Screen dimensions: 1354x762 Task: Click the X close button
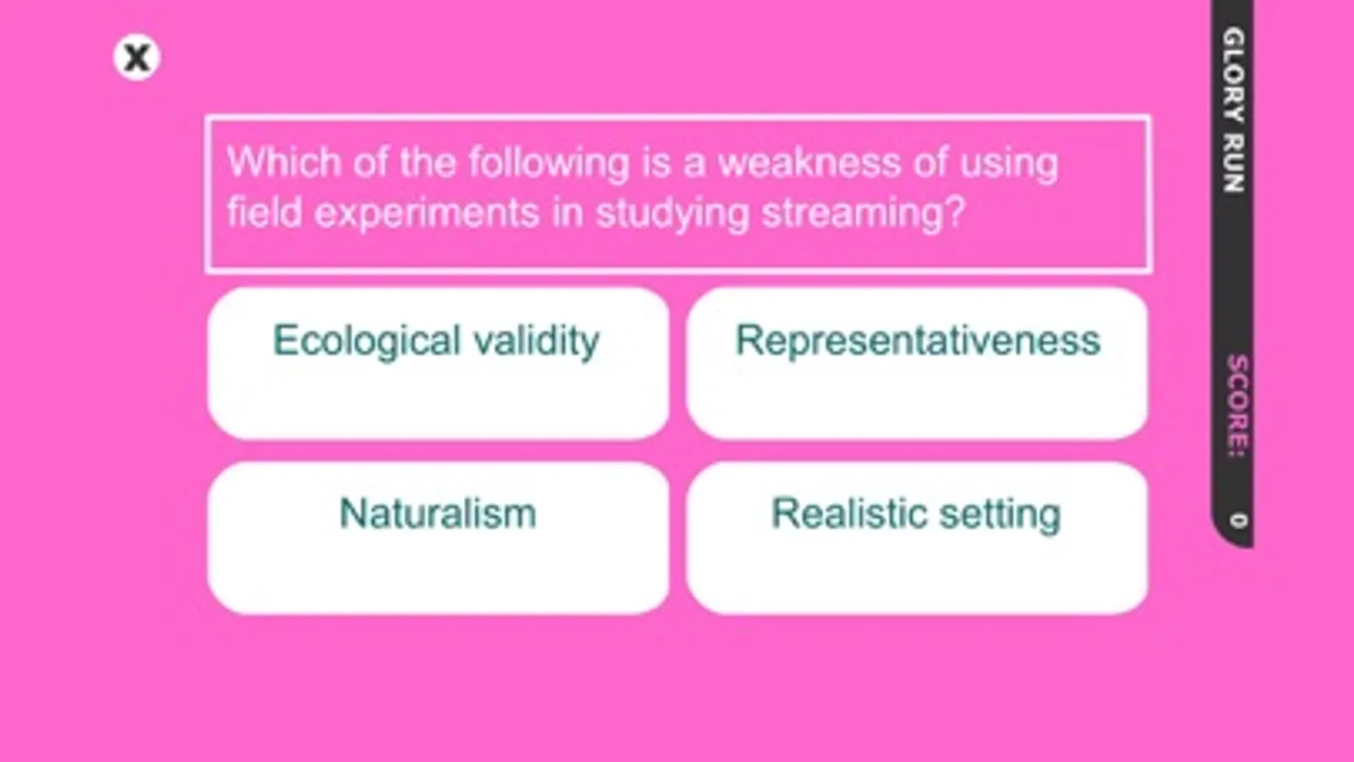coord(136,58)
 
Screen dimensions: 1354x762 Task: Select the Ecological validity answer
coord(439,363)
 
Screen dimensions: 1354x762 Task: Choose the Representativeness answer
coord(917,363)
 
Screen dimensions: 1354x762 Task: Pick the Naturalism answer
coord(439,538)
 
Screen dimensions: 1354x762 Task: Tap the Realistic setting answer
coord(917,538)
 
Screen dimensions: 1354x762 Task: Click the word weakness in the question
coord(809,163)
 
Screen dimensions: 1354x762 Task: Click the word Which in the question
coord(285,163)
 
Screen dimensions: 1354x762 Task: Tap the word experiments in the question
coord(427,213)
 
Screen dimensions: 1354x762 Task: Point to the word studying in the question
coord(672,213)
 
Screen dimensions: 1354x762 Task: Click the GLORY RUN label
coord(1234,110)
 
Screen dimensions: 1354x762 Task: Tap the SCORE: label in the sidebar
coord(1237,406)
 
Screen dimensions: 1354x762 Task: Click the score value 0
coord(1238,521)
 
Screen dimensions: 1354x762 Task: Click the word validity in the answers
coord(537,341)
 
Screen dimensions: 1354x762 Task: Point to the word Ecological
coord(367,341)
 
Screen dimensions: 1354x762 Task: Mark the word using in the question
coord(1009,163)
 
